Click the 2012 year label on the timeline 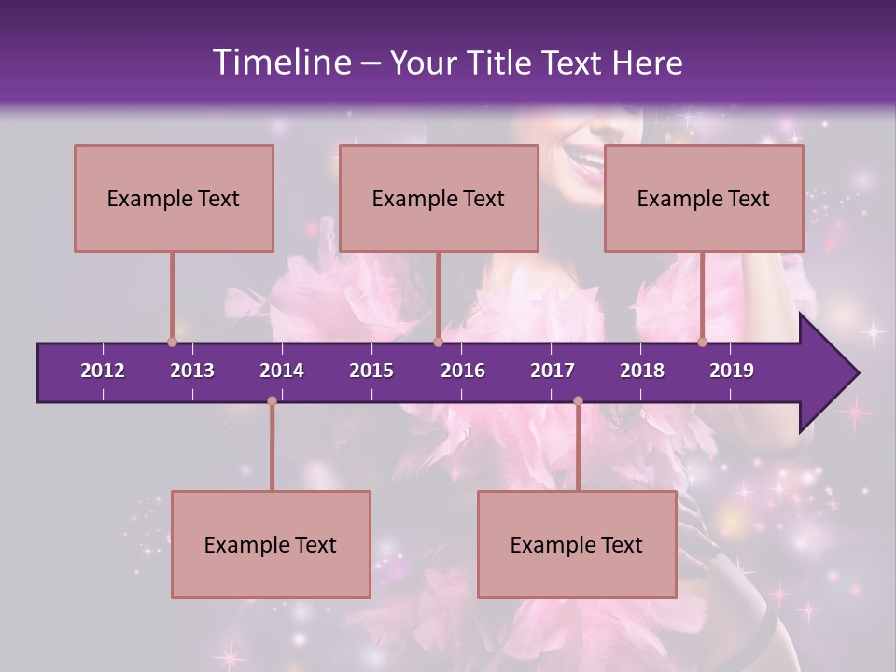[103, 371]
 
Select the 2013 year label [192, 371]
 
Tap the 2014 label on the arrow [282, 371]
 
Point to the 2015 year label [371, 371]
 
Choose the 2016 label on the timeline [463, 371]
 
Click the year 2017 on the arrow [553, 371]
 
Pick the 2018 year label [642, 371]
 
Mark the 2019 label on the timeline [732, 371]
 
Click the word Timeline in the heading [281, 63]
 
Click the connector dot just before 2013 [172, 342]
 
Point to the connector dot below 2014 [272, 401]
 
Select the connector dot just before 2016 [438, 342]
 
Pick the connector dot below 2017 [578, 401]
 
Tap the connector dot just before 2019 [703, 342]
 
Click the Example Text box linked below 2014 [271, 544]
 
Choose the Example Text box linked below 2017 [577, 544]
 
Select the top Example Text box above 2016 [439, 198]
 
